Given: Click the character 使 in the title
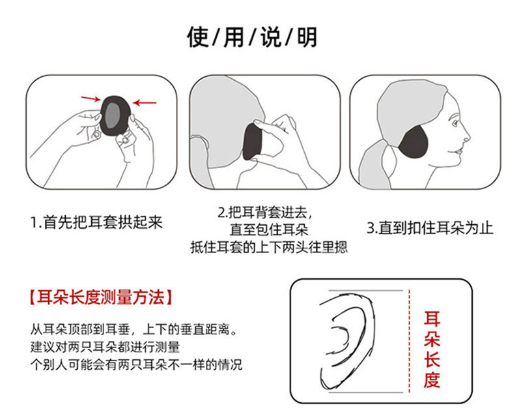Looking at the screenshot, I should pos(198,37).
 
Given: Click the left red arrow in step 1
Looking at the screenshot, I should pos(91,99).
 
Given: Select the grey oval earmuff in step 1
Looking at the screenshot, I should pos(116,114).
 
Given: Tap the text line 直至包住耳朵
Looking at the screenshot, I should pos(268,229).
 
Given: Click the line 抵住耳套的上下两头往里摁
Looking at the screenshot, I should pos(268,247).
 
